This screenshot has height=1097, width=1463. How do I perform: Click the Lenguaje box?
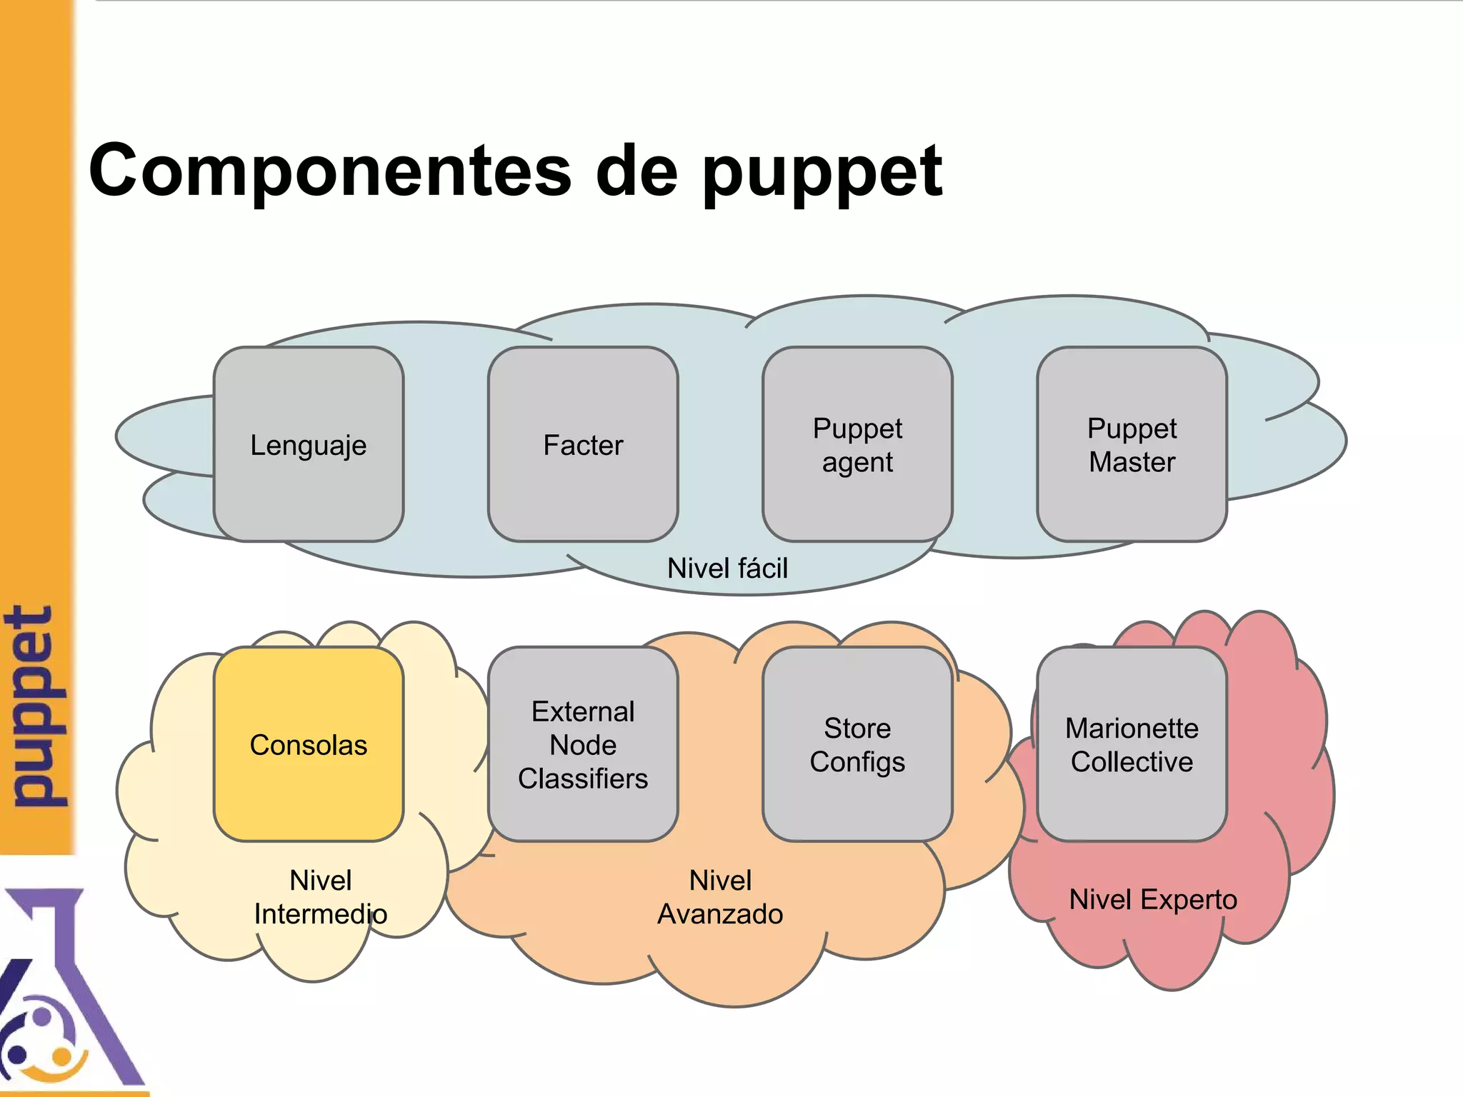[308, 444]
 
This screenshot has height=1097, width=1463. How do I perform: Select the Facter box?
[583, 444]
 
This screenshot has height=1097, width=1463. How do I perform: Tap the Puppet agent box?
[857, 444]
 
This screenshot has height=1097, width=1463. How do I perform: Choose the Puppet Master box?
[1132, 444]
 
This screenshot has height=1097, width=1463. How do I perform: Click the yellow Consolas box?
[308, 744]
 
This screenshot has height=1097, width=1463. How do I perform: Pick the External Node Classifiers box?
[583, 744]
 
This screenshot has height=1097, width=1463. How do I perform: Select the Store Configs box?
[857, 744]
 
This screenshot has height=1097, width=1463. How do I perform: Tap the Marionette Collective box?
[1132, 744]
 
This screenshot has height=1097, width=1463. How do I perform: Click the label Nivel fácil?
[727, 568]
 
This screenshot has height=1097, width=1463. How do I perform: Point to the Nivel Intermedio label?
[321, 897]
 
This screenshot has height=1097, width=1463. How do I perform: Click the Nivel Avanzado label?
[720, 897]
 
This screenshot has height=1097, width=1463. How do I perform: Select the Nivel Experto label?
[1153, 899]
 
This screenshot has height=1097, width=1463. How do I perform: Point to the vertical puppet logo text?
[36, 706]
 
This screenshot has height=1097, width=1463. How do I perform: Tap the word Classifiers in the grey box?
[583, 778]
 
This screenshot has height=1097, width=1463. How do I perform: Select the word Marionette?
[1132, 728]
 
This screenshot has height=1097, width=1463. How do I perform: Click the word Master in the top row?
[1132, 462]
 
